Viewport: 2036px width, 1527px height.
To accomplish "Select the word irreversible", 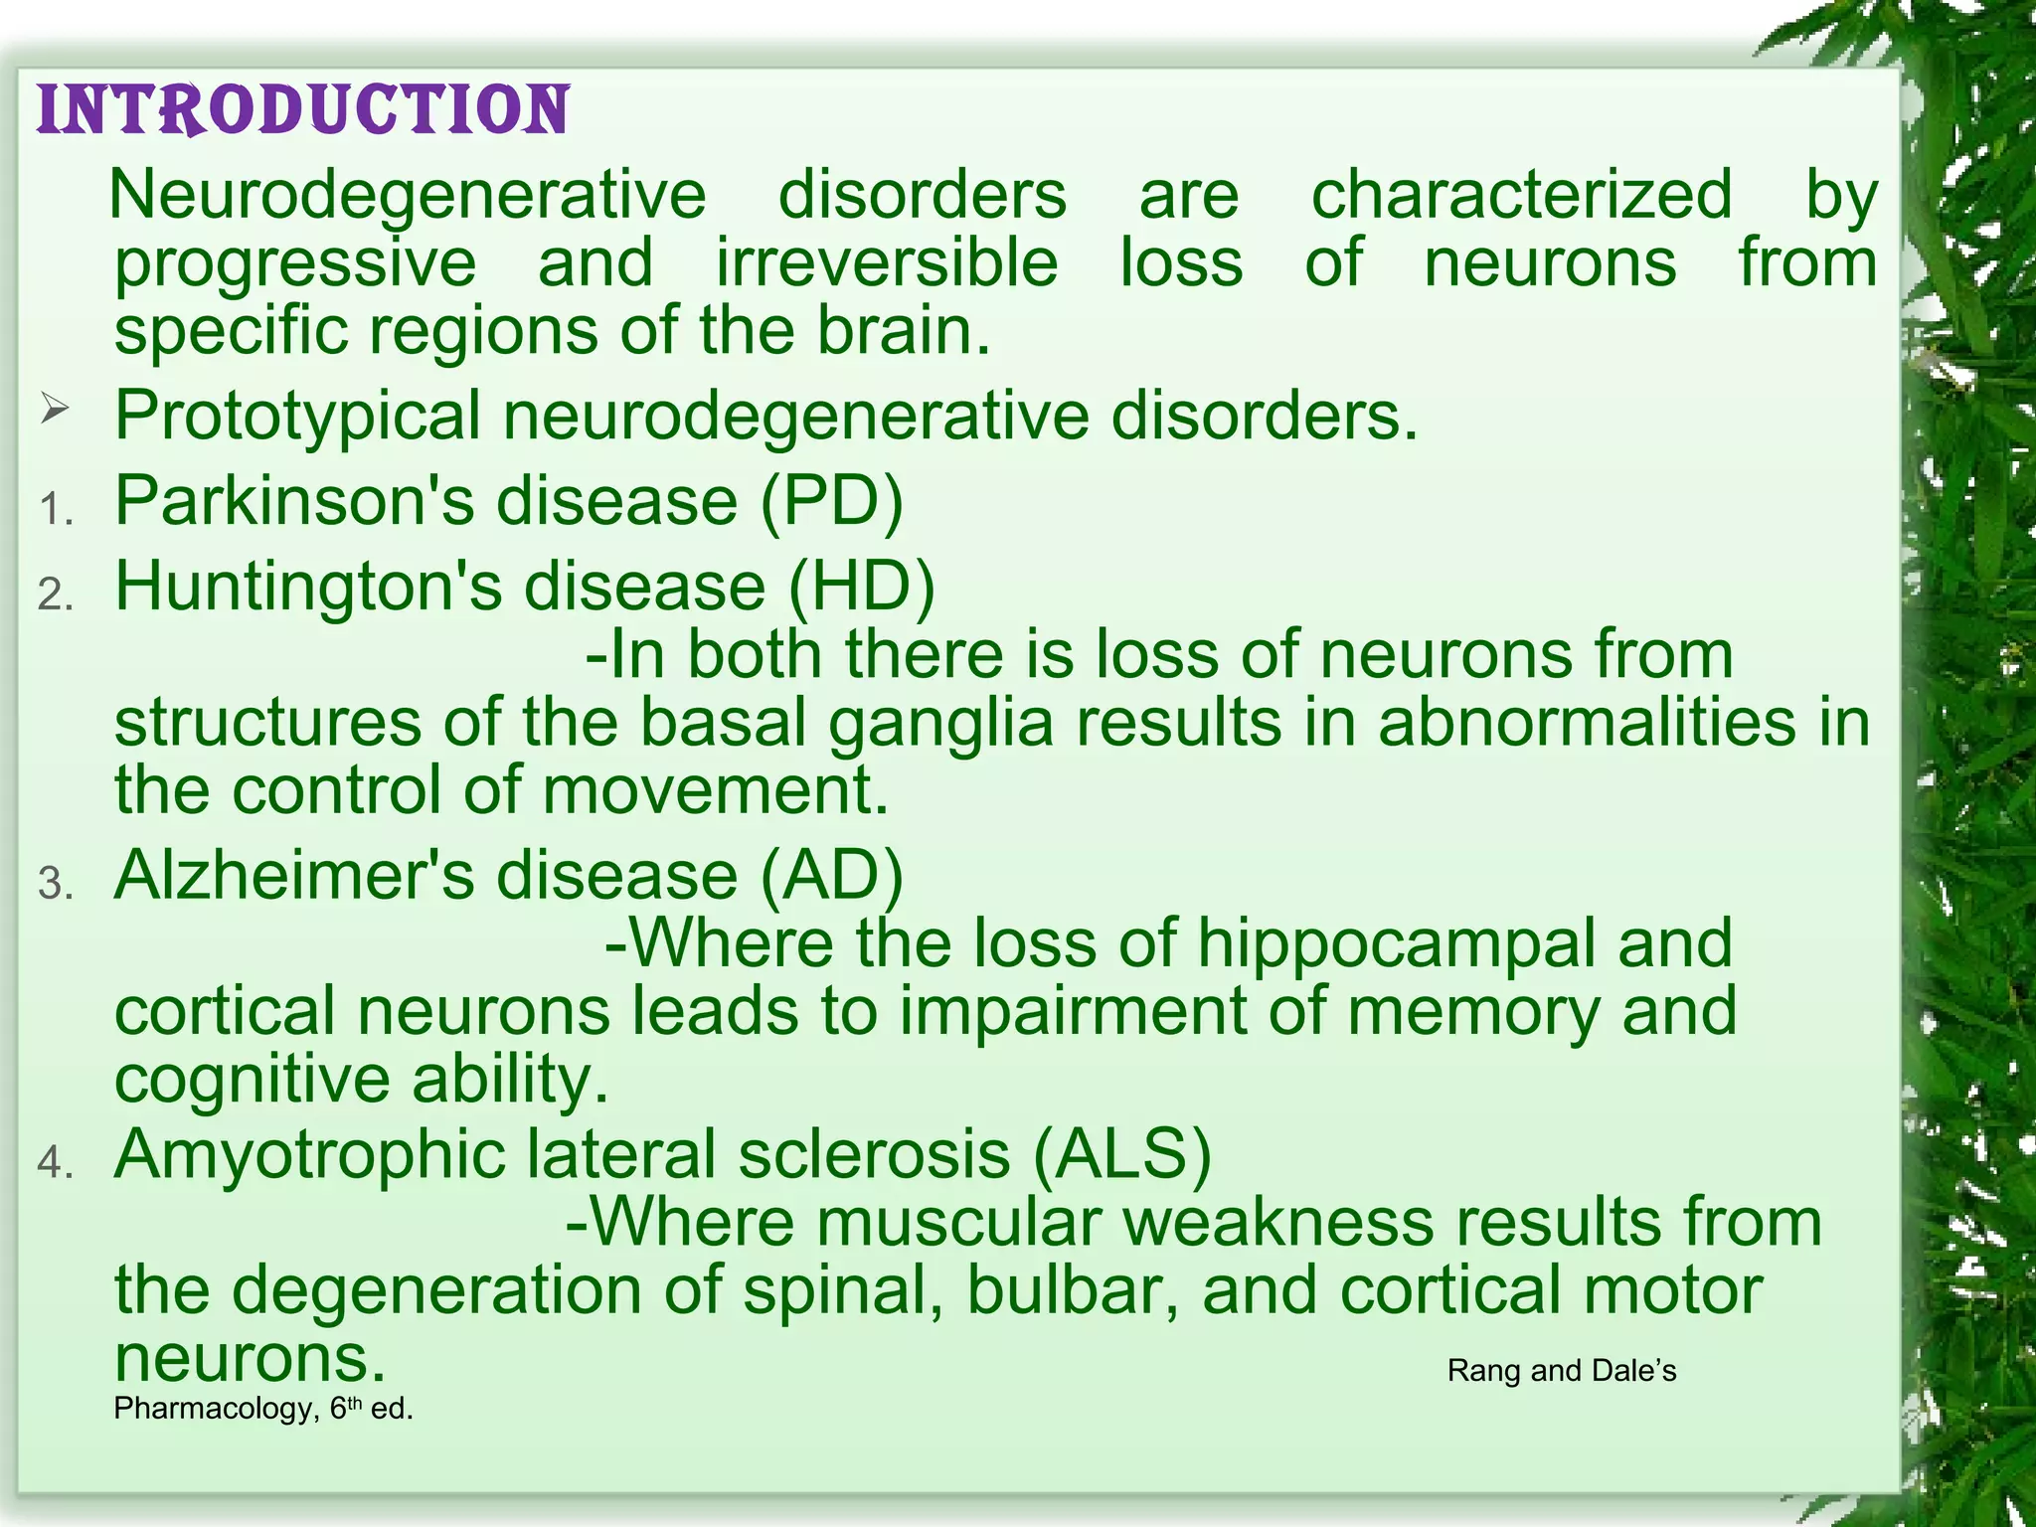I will (x=887, y=263).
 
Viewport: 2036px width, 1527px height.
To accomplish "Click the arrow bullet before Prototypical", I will (x=55, y=409).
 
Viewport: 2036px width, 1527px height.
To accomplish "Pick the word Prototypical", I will (x=297, y=416).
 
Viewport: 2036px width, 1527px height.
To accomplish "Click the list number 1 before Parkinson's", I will (x=56, y=509).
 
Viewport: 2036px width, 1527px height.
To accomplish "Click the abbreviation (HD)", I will (x=861, y=586).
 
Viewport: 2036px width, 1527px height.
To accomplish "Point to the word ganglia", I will (x=940, y=723).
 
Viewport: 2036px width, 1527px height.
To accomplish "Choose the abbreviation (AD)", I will (x=832, y=876).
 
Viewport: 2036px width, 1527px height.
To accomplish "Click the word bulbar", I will (x=1073, y=1289).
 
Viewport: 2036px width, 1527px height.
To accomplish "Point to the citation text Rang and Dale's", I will (x=1561, y=1371).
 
